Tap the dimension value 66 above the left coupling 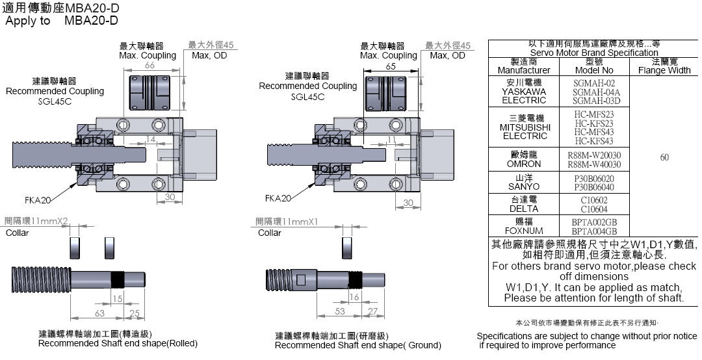coord(149,65)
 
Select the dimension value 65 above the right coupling coord(391,66)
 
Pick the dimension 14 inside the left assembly coord(150,140)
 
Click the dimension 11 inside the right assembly coord(391,140)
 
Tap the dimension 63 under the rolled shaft coord(99,314)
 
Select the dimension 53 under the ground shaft coord(340,312)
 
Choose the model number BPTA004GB coord(594,231)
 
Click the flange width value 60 coord(664,157)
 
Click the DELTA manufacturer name coord(523,209)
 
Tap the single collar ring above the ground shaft coord(345,248)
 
